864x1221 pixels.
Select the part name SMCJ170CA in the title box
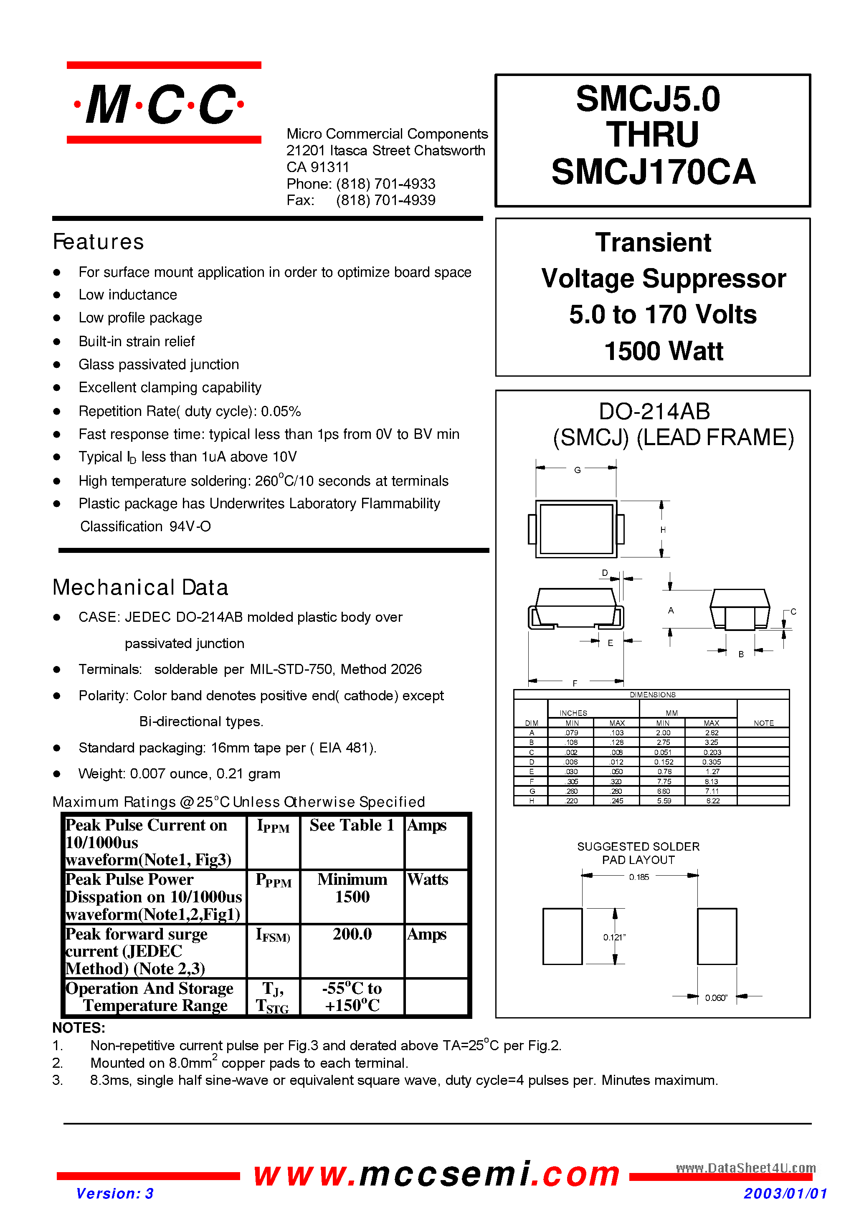(653, 172)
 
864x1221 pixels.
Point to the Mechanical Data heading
(140, 588)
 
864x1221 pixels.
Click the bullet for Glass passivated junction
(57, 365)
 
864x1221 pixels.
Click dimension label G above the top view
(577, 470)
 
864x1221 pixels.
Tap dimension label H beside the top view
(663, 530)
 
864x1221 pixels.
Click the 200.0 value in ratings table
(352, 934)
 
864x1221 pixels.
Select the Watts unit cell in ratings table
(427, 879)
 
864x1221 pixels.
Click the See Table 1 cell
(352, 825)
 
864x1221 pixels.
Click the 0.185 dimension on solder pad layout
(638, 877)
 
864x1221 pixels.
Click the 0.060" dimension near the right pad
(716, 998)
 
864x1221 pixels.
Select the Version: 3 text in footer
(114, 1193)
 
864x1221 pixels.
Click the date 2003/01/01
(785, 1193)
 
